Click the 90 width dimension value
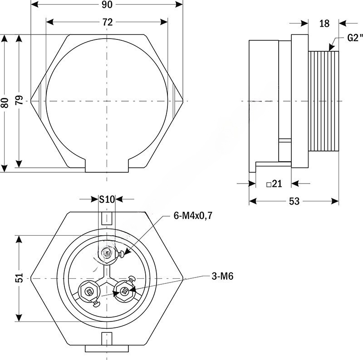pyautogui.click(x=108, y=5)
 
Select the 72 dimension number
pyautogui.click(x=108, y=22)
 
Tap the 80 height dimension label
pyautogui.click(x=5, y=102)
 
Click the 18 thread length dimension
pyautogui.click(x=324, y=24)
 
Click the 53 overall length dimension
pyautogui.click(x=294, y=201)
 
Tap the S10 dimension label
pyautogui.click(x=108, y=199)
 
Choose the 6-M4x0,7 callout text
pyautogui.click(x=193, y=216)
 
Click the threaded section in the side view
pyautogui.click(x=324, y=102)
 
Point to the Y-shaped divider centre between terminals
pyautogui.click(x=107, y=276)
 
